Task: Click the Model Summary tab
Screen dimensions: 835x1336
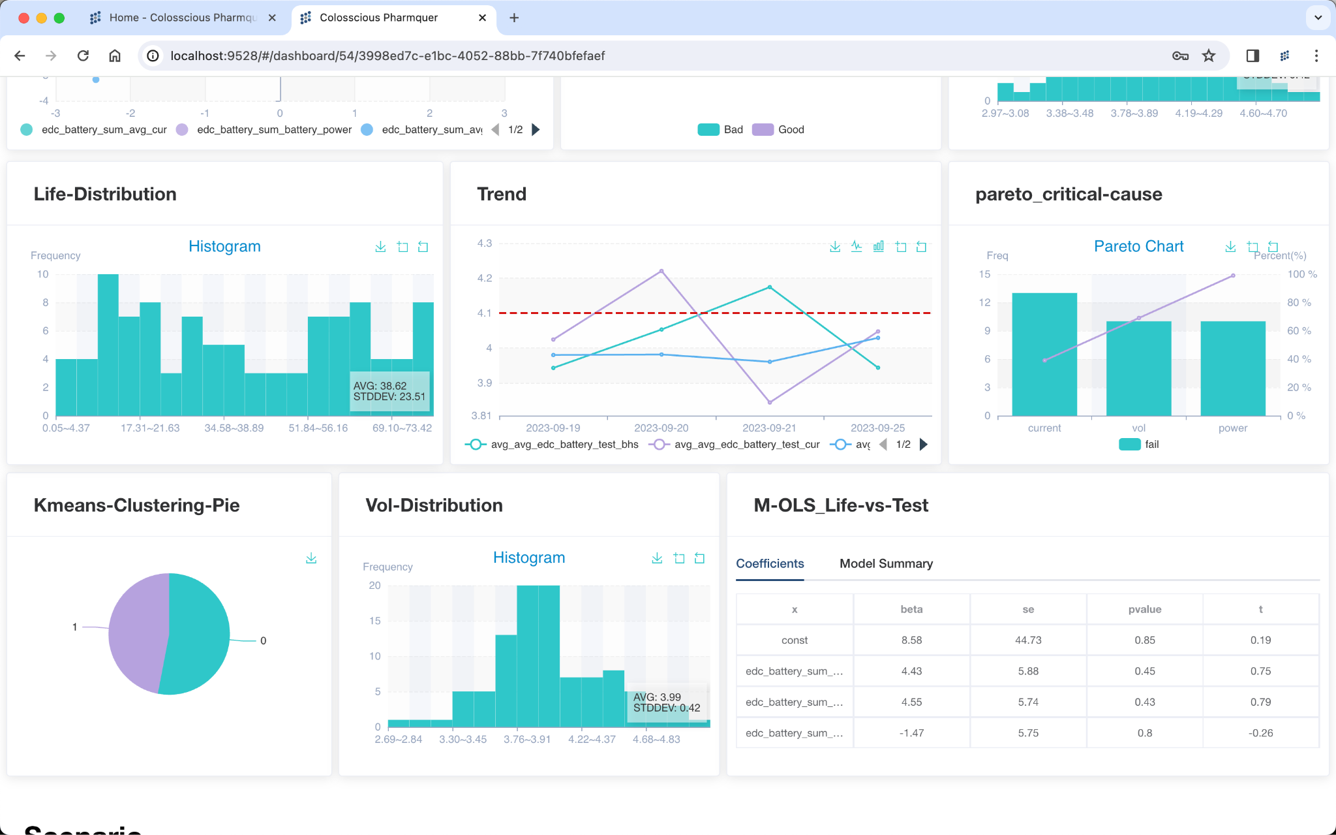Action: [x=885, y=563]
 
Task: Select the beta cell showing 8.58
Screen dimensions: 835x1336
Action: [x=911, y=640]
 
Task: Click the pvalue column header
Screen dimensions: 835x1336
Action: [x=1144, y=609]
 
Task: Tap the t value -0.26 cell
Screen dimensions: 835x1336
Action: [x=1260, y=733]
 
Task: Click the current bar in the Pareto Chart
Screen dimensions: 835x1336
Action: [x=1044, y=366]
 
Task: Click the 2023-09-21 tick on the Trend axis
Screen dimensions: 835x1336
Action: [x=769, y=428]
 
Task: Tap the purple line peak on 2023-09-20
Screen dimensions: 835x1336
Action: [x=661, y=271]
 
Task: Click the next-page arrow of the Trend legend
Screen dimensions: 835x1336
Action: [x=923, y=444]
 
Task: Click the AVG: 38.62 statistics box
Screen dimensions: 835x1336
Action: [x=389, y=391]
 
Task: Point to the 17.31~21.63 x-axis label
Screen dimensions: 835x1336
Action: [x=150, y=428]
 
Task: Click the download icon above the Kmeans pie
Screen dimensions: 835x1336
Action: [x=311, y=558]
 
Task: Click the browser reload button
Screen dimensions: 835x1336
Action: [x=83, y=55]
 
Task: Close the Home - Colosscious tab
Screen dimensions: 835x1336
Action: [x=272, y=18]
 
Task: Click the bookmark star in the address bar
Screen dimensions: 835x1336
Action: [x=1209, y=55]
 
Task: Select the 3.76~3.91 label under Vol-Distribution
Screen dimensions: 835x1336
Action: [x=527, y=739]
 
